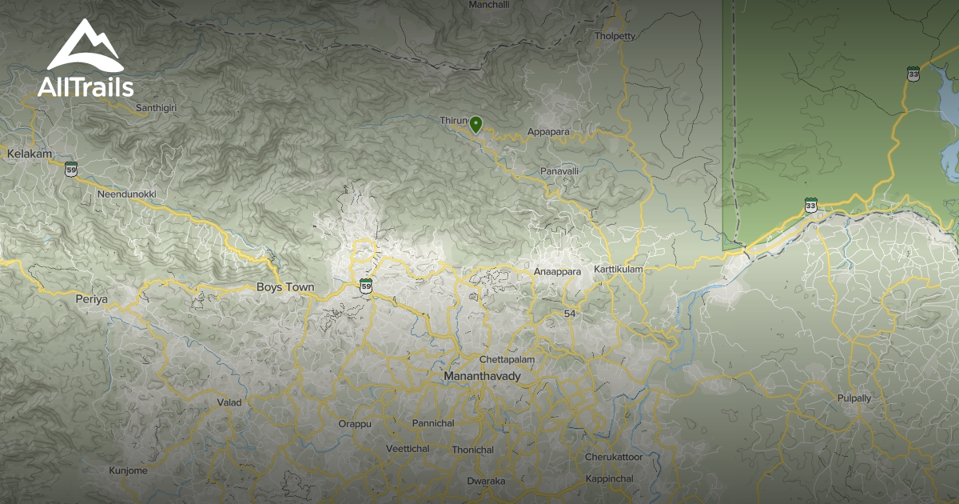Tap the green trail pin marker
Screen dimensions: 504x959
476,123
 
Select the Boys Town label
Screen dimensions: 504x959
285,287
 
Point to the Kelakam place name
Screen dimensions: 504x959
29,153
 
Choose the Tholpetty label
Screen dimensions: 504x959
615,36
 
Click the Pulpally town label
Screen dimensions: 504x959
854,398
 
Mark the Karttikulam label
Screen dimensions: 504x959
618,270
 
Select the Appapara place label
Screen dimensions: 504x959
547,132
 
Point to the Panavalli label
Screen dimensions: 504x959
559,171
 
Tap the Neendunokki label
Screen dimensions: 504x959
126,194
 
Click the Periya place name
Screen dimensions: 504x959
91,299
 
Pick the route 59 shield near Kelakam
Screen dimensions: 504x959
72,170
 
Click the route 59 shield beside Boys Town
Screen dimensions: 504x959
366,286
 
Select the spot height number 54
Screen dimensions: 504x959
569,313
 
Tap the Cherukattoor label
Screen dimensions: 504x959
613,457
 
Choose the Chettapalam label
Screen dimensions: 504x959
507,360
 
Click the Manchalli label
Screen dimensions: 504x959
489,5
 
